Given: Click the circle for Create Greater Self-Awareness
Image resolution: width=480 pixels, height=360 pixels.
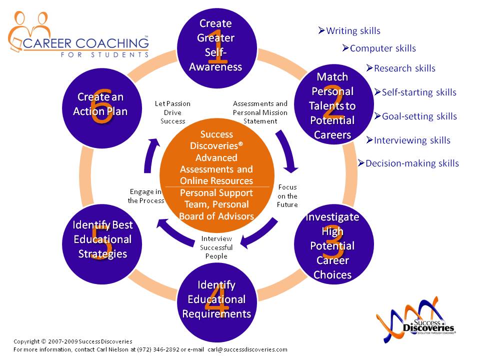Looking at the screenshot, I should coord(215,45).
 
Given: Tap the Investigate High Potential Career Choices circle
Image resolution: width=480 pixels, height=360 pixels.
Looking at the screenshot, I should coord(332,245).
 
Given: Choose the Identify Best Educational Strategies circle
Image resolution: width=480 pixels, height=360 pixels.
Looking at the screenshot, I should coord(102,239).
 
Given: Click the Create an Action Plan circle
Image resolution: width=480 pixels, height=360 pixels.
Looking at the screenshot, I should coord(100,104).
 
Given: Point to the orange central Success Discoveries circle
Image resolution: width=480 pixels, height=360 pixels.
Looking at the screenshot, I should coord(216,175).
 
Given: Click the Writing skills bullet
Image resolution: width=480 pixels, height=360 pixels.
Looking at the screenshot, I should coord(349,31).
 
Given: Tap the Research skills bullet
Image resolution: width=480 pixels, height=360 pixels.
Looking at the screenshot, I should coord(401,68).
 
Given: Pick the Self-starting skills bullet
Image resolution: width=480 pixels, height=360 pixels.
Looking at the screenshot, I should coord(415,92).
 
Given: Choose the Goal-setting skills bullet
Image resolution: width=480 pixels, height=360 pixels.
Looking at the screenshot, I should coord(416,116).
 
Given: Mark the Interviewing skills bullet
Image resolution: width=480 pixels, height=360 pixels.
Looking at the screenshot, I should coord(408,140).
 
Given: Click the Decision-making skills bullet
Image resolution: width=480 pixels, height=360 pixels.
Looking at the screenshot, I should coord(408,163).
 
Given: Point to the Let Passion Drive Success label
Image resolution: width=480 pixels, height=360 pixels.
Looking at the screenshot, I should coord(173,112).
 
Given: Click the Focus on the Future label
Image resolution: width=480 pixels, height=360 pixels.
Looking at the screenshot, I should coord(287,196).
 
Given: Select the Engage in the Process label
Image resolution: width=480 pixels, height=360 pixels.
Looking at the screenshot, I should coord(146,196).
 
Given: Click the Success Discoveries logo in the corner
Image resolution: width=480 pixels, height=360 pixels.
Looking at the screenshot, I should coord(414,320).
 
